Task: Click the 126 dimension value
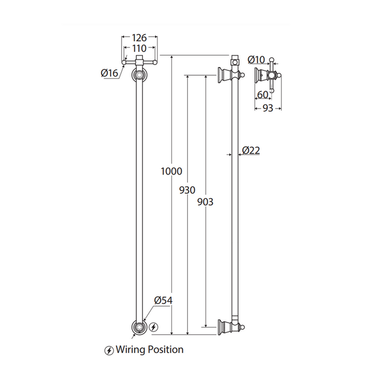140,38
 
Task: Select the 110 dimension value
140,48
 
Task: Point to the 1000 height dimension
171,171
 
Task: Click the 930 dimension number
187,190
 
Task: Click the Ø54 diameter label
163,301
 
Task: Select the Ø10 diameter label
255,59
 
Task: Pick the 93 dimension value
267,108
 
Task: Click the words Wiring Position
150,349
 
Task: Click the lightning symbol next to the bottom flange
154,327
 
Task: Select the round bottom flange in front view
140,327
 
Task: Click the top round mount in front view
140,74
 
